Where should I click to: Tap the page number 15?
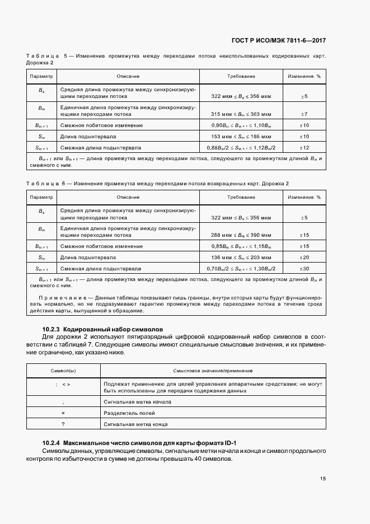pos(323,479)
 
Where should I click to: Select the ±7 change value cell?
pos(305,114)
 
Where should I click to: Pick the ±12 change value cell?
pos(305,148)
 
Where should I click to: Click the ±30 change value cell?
pos(305,269)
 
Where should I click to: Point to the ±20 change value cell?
pos(305,258)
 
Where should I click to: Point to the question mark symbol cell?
pos(63,424)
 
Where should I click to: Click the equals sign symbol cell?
pos(63,413)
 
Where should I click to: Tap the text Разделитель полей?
pos(127,413)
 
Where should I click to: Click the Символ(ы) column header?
pos(63,371)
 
